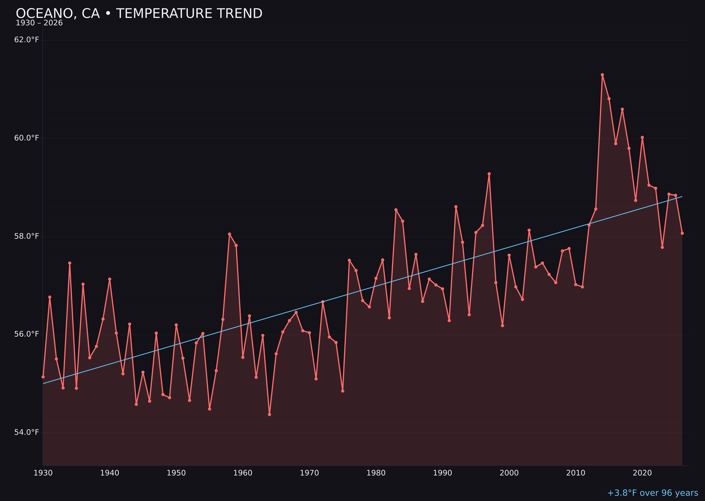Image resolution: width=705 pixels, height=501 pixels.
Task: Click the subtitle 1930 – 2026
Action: coord(39,23)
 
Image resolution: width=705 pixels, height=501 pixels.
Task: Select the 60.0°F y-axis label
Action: coord(27,138)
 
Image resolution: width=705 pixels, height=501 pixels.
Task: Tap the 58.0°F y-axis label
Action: coord(27,236)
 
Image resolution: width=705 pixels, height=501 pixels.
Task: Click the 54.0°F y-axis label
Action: coord(27,432)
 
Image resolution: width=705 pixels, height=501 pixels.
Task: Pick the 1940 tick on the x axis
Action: coord(110,473)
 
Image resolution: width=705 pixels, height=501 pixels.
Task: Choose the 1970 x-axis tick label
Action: coord(309,473)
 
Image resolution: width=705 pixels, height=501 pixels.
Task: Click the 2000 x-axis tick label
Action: coord(509,473)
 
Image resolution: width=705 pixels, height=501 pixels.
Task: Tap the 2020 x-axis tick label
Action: coord(642,473)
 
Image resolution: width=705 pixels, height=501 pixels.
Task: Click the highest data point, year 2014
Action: coord(602,75)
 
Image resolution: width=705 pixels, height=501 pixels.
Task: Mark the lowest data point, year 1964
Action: coord(269,414)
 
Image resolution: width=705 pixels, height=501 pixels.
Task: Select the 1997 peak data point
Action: coord(489,174)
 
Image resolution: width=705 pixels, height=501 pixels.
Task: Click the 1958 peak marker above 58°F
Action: coord(229,234)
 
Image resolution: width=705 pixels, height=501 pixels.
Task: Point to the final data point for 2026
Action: coord(682,233)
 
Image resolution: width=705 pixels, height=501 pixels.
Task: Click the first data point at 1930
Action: coord(43,377)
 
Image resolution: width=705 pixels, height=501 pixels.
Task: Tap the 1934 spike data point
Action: coord(70,263)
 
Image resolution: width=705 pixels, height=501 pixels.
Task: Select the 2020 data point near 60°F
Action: coord(642,137)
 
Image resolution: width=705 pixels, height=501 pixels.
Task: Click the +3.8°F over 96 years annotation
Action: coord(652,493)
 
